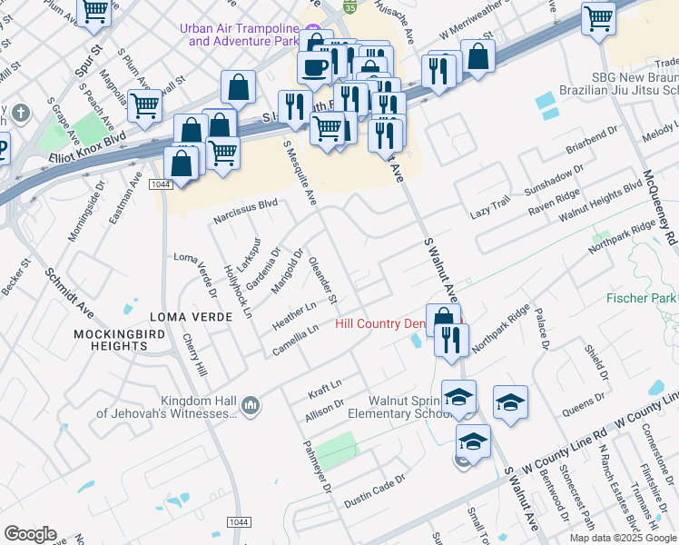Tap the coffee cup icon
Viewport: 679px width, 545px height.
(314, 67)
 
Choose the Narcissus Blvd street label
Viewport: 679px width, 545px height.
(245, 212)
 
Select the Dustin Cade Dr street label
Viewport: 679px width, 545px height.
(373, 490)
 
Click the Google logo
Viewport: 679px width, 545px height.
(30, 534)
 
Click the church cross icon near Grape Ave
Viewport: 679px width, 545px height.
(22, 114)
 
